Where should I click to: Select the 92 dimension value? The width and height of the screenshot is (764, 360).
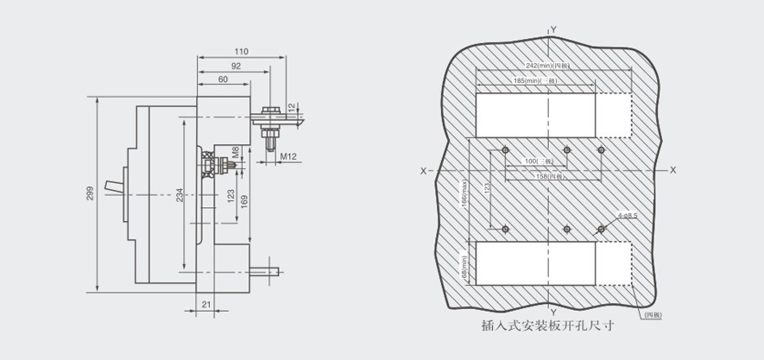[x=236, y=66]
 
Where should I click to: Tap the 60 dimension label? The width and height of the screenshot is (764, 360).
[x=223, y=79]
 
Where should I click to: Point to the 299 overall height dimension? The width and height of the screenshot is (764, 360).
[x=91, y=195]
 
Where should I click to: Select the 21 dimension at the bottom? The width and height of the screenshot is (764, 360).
[x=205, y=304]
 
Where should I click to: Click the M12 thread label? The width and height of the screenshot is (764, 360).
[x=288, y=156]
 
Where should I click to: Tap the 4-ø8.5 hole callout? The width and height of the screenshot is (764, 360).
[x=628, y=215]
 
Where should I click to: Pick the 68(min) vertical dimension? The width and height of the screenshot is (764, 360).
[x=464, y=266]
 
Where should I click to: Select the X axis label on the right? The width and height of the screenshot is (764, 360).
[x=672, y=170]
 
